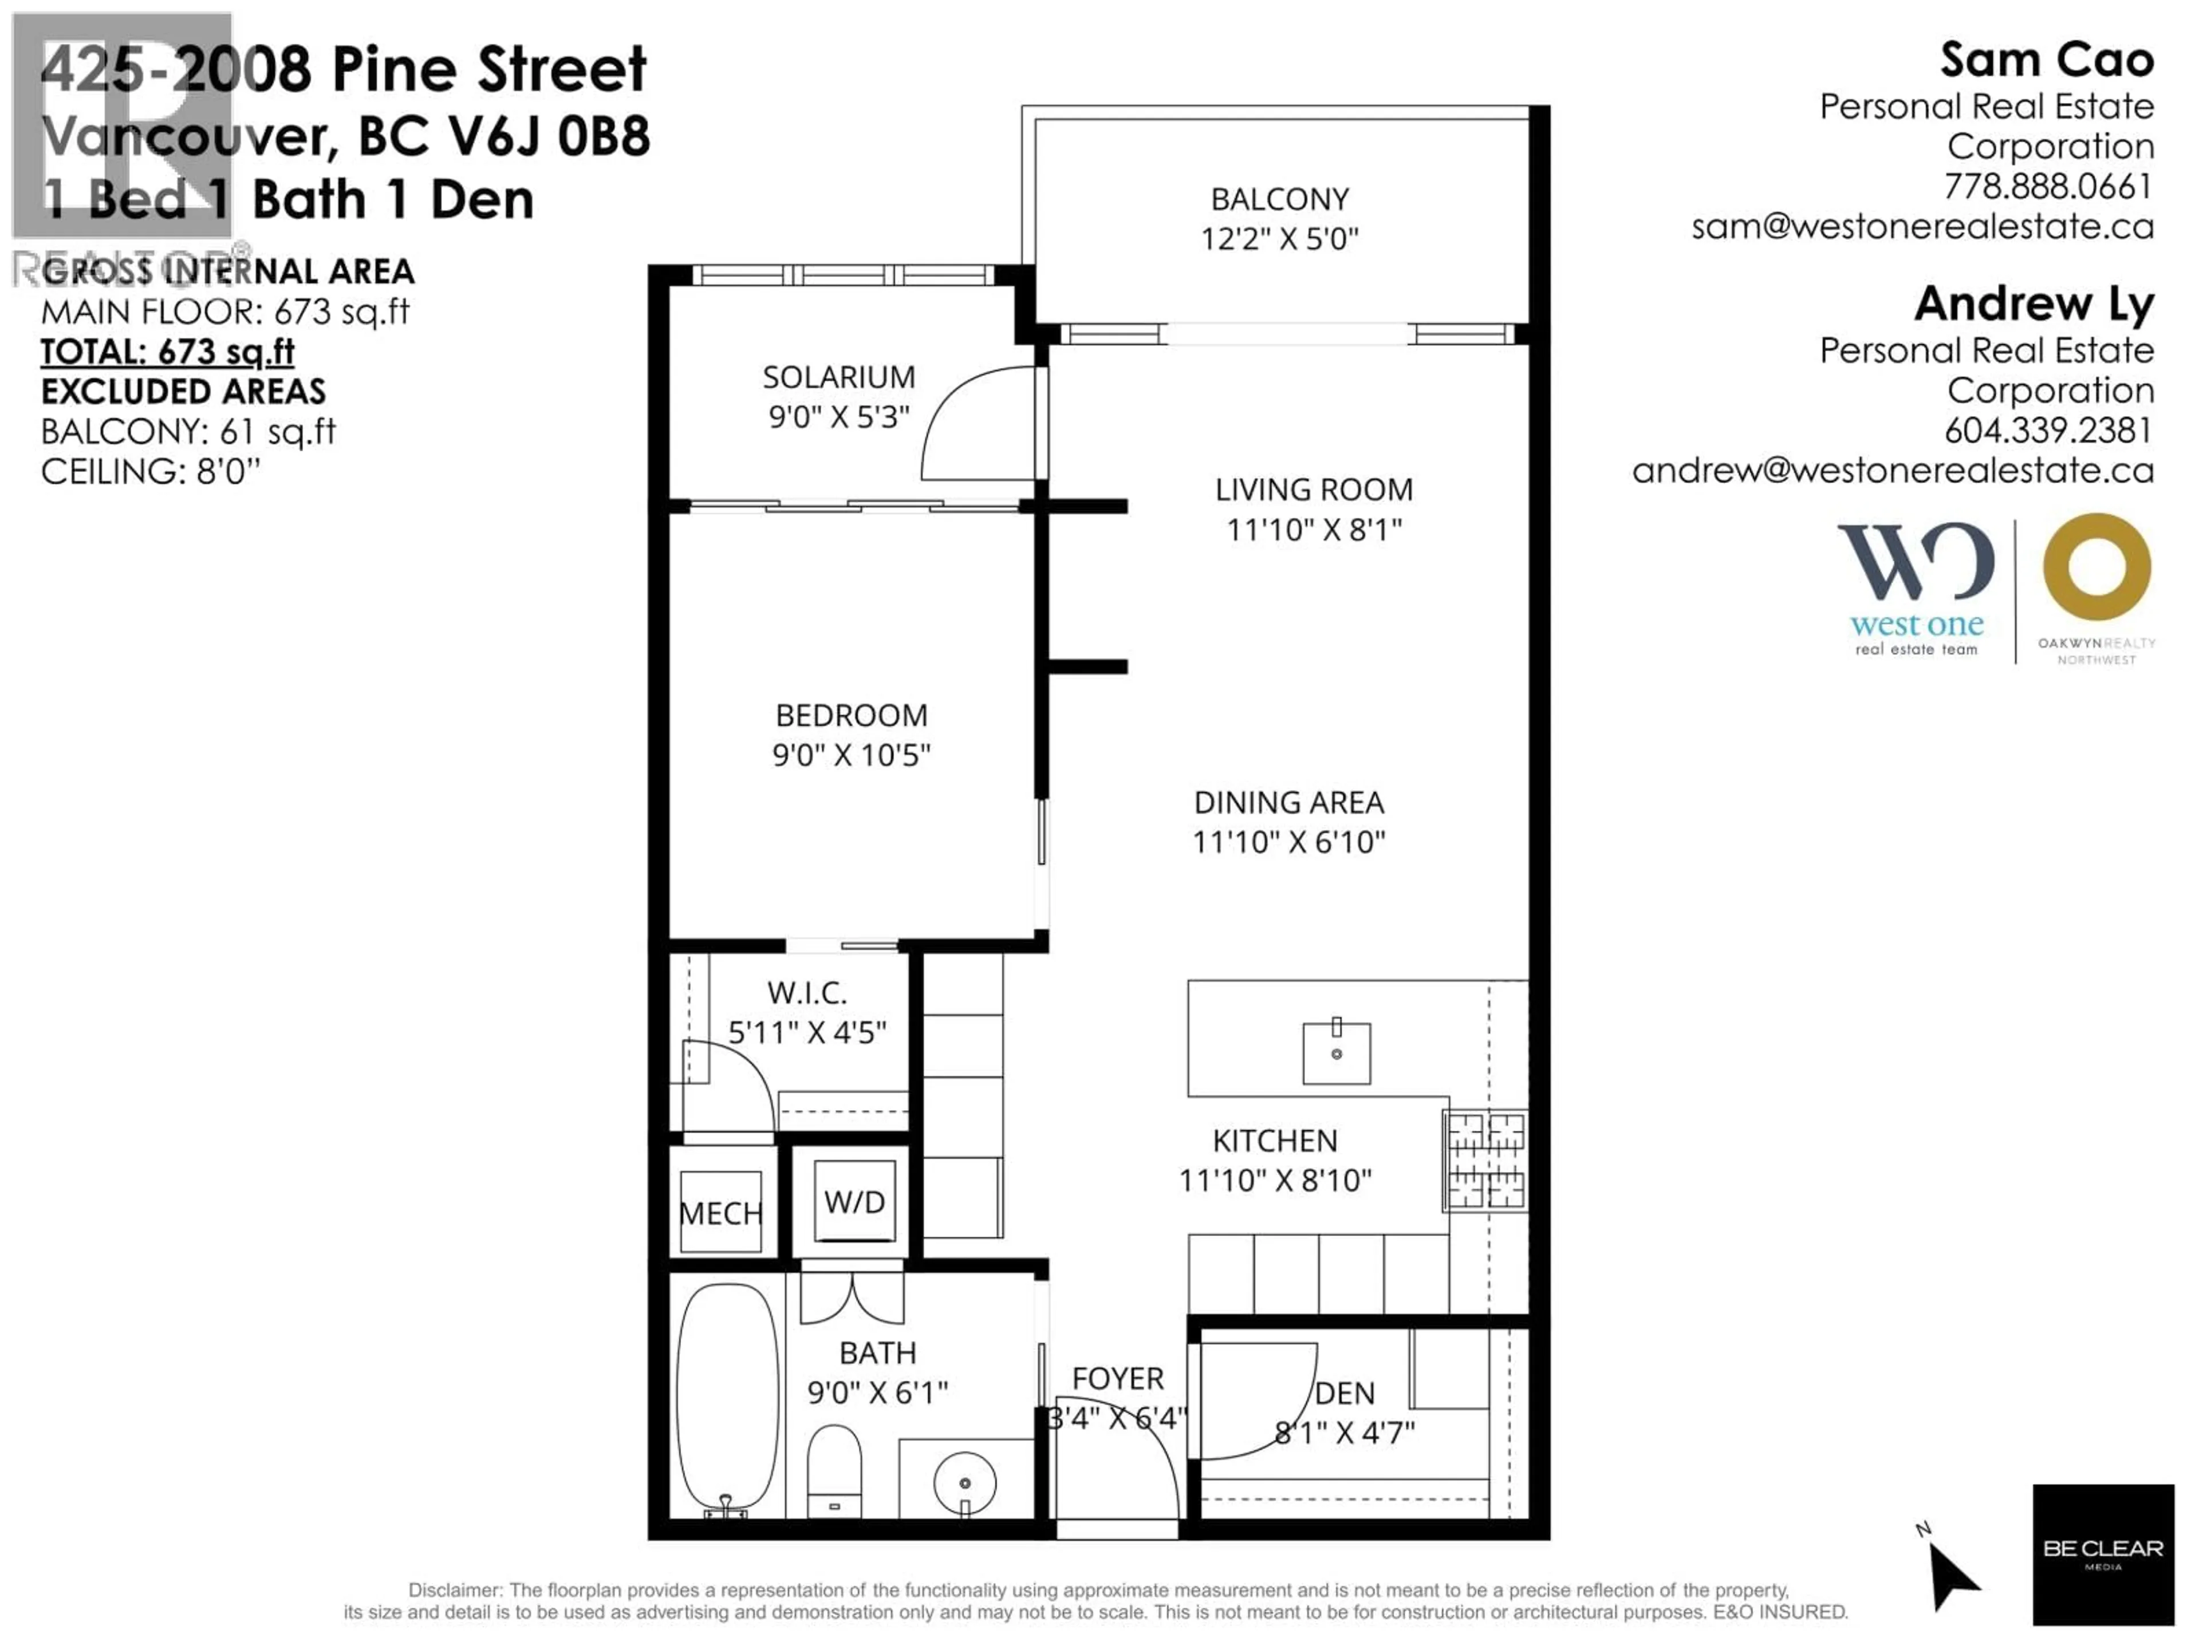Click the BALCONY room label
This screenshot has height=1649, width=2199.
1279,200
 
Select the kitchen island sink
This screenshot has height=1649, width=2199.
1336,1052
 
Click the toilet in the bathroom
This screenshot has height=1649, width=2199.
833,1469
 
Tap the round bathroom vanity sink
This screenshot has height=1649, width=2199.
964,1482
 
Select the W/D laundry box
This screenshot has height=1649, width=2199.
854,1204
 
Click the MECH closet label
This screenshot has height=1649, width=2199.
721,1214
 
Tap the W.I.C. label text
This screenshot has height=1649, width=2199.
806,993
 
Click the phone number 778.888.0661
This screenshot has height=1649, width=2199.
2048,187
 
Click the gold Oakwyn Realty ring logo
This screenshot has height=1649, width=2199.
2096,567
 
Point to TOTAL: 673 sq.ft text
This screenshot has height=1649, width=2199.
168,352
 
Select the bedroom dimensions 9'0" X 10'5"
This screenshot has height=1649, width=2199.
851,755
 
